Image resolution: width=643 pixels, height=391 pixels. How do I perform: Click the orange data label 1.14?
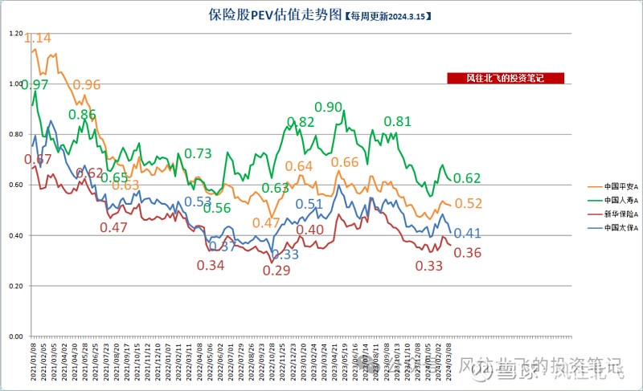click(x=38, y=38)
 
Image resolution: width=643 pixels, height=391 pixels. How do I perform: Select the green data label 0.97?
click(x=35, y=84)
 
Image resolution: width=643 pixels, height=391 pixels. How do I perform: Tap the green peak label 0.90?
click(x=328, y=107)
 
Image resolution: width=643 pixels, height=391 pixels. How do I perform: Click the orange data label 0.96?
click(x=87, y=84)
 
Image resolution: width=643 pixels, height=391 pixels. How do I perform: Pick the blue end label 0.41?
click(x=468, y=234)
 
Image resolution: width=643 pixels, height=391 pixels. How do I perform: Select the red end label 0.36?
click(x=468, y=253)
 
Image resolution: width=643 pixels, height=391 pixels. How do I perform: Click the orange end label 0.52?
click(x=468, y=204)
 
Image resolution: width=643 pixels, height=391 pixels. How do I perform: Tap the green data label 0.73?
click(x=199, y=153)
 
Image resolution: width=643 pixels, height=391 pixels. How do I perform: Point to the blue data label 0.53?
click(x=199, y=202)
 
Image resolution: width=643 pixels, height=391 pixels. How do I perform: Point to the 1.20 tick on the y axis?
click(x=15, y=33)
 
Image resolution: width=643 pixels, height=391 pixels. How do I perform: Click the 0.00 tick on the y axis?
click(x=15, y=336)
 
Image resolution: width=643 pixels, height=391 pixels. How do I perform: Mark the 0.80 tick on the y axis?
click(x=15, y=134)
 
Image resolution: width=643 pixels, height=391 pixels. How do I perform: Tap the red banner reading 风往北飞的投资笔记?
click(x=506, y=78)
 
